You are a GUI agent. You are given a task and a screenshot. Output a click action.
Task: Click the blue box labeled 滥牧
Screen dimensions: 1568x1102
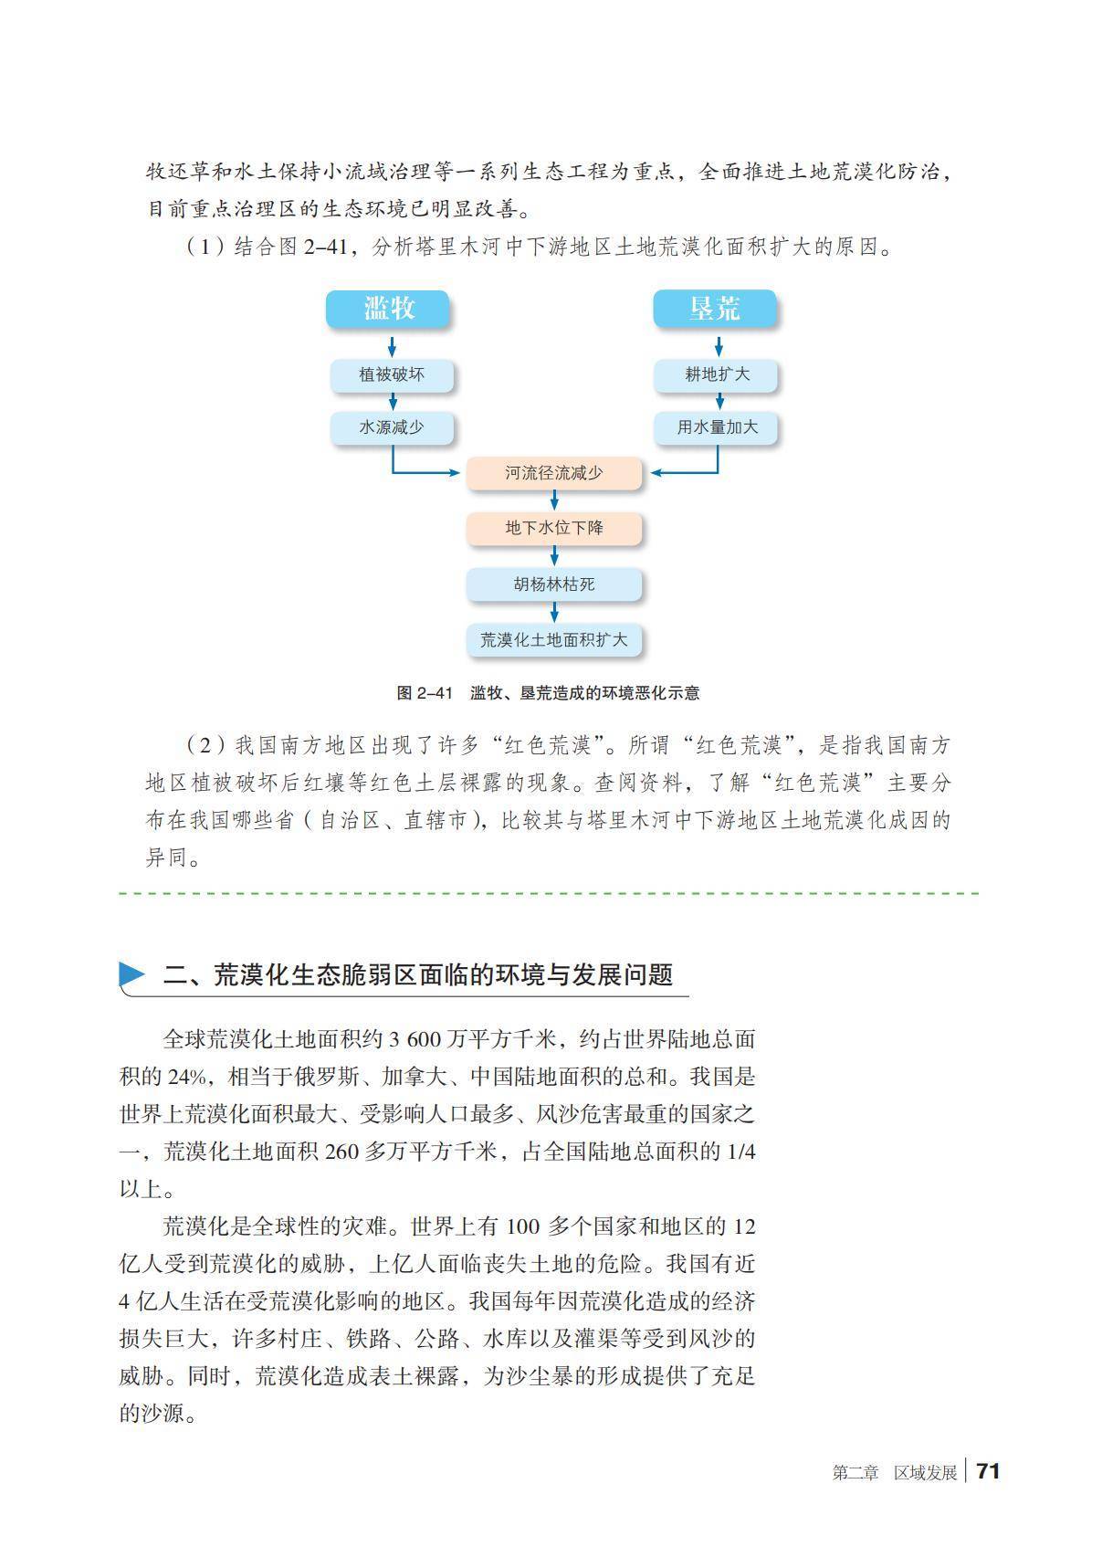click(x=389, y=309)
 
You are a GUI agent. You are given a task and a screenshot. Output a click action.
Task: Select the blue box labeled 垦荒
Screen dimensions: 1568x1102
click(x=715, y=309)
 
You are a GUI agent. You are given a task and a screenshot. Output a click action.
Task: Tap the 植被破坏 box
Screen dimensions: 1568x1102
click(x=392, y=374)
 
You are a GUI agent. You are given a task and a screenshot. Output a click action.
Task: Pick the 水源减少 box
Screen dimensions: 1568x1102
click(x=392, y=427)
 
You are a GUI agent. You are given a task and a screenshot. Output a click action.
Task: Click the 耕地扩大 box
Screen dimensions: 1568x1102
click(x=717, y=374)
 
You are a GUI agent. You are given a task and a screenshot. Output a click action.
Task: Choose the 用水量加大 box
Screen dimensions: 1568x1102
click(x=717, y=427)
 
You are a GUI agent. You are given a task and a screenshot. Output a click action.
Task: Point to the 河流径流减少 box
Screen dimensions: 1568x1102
click(x=554, y=473)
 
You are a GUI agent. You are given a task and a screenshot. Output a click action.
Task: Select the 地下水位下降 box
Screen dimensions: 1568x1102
click(x=554, y=528)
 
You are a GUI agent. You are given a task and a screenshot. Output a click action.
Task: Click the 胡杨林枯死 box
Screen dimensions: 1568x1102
click(x=554, y=584)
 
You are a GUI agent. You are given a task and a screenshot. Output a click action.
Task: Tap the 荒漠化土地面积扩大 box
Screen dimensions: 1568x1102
click(x=554, y=639)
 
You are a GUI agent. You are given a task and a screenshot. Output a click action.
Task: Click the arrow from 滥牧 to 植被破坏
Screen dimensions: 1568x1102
click(x=392, y=346)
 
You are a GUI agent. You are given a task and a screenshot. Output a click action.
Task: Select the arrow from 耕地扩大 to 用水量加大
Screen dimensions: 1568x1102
click(x=719, y=401)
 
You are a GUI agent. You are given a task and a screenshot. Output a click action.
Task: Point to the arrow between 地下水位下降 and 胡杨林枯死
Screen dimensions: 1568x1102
click(x=554, y=555)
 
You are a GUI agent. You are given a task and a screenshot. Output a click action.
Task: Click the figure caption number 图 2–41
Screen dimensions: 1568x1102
click(x=425, y=693)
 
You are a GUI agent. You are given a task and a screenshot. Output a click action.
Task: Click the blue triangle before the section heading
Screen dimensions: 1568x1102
click(x=132, y=974)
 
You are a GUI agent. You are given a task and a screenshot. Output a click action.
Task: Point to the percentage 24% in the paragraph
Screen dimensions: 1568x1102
click(x=187, y=1077)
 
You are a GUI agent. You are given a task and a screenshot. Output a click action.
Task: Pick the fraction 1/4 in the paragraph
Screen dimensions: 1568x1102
click(x=740, y=1152)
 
